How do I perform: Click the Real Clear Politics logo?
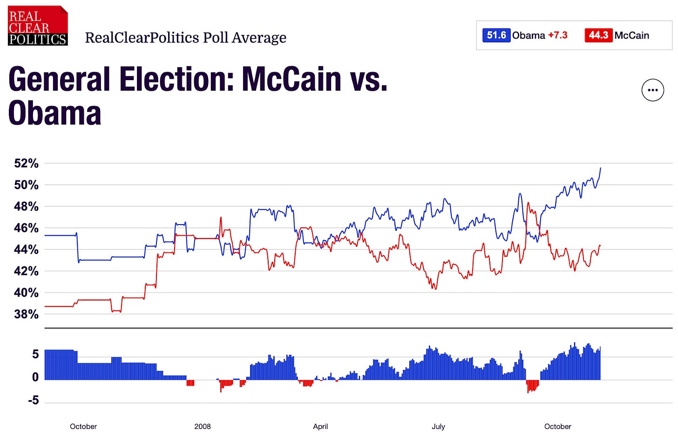[38, 26]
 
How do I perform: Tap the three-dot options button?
[652, 90]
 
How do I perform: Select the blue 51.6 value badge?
[496, 35]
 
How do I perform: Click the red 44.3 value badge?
[598, 35]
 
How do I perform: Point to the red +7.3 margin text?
[558, 35]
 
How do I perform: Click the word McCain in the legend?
[631, 35]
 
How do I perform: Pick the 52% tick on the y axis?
[27, 163]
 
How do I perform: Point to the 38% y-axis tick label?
[27, 314]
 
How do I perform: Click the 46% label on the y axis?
[27, 228]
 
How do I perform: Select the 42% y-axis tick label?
[27, 271]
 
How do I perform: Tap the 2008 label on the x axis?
[203, 426]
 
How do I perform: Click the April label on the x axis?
[320, 426]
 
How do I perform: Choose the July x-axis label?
[438, 426]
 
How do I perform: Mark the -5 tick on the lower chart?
[33, 401]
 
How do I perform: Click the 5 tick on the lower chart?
[35, 354]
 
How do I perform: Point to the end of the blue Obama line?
[601, 168]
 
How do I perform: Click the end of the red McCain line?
[600, 245]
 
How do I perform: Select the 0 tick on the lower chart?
[35, 377]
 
